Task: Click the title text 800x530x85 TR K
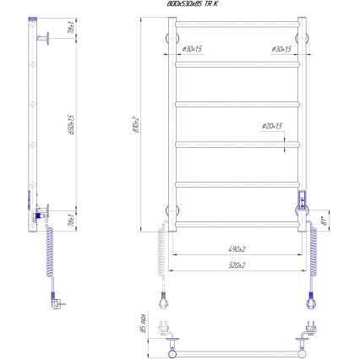[193, 4]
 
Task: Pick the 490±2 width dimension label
[237, 249]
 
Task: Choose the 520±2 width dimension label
[237, 265]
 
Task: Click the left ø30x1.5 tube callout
[193, 50]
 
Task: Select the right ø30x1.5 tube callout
[281, 50]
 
